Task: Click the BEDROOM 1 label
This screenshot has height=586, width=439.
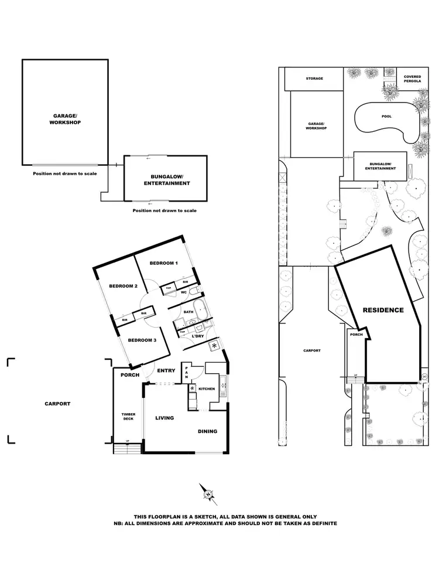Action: [163, 264]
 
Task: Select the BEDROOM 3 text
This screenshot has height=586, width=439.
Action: [141, 340]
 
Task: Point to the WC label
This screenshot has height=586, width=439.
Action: [183, 292]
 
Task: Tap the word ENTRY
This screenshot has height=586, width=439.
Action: [166, 370]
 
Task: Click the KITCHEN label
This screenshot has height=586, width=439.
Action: [207, 389]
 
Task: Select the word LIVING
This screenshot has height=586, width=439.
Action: [166, 418]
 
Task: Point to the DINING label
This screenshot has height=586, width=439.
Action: [207, 431]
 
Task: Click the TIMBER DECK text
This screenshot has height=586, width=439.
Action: [128, 416]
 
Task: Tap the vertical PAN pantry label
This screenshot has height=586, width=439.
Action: [186, 370]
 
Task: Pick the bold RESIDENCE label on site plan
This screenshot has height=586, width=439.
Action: [383, 310]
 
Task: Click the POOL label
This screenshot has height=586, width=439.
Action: [386, 117]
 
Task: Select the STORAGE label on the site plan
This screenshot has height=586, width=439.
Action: [314, 78]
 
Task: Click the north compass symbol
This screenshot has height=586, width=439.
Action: [208, 493]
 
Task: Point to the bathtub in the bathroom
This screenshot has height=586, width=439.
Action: [201, 307]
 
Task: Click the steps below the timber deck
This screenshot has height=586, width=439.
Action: [127, 449]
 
